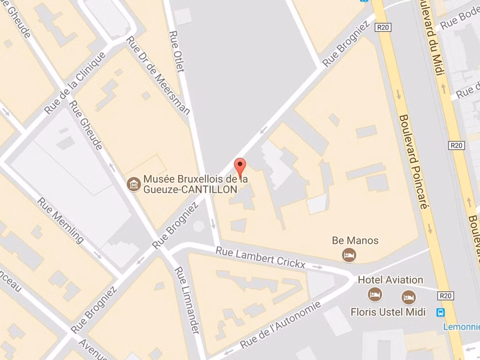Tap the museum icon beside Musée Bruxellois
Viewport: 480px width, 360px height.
134,184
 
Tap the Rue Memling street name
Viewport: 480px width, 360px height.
61,220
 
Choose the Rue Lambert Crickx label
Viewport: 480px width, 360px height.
260,258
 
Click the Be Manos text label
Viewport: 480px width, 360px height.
355,241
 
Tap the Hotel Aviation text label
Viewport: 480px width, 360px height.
390,280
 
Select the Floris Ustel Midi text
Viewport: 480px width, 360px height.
388,312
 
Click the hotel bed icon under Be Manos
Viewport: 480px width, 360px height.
349,255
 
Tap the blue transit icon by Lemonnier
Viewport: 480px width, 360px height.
441,312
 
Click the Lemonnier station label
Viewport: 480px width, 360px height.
462,327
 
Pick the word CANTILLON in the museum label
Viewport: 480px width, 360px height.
214,189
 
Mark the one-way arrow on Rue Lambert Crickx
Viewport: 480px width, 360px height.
317,267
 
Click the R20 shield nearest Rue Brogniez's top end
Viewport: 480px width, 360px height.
383,28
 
